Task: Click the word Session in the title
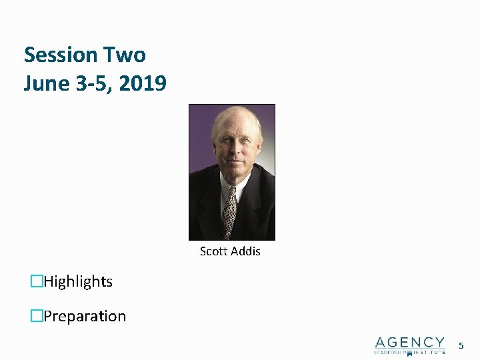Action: pyautogui.click(x=61, y=55)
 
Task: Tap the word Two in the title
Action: pyautogui.click(x=124, y=55)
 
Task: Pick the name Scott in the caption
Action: pyautogui.click(x=213, y=251)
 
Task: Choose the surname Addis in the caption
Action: pyautogui.click(x=245, y=251)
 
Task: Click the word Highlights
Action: pyautogui.click(x=78, y=282)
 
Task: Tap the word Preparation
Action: pyautogui.click(x=85, y=316)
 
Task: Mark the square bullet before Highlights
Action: pyautogui.click(x=37, y=282)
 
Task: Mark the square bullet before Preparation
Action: pyautogui.click(x=37, y=316)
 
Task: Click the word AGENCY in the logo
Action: pyautogui.click(x=409, y=342)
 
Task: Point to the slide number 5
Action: pyautogui.click(x=460, y=345)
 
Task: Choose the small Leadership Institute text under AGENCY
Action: pyautogui.click(x=409, y=351)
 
